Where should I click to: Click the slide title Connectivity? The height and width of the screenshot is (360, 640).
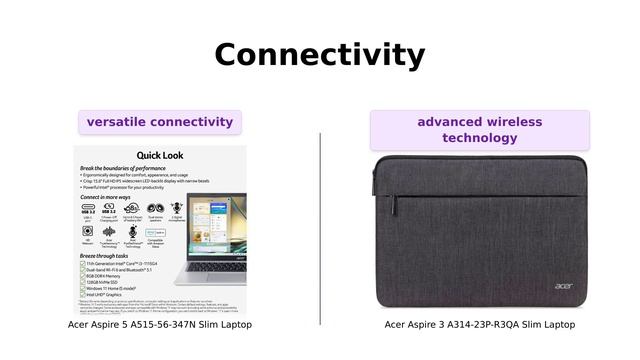tap(319, 54)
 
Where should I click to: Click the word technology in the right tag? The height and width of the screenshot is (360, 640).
tap(479, 138)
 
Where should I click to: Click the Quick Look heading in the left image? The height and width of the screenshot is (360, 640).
tap(160, 155)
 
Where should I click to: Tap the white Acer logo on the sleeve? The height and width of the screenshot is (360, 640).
tap(564, 287)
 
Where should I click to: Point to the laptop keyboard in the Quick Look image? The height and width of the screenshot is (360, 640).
tap(215, 265)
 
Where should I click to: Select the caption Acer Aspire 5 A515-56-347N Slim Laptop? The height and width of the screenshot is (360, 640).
tap(160, 325)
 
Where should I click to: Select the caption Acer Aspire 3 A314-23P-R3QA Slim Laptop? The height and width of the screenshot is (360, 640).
tap(480, 325)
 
